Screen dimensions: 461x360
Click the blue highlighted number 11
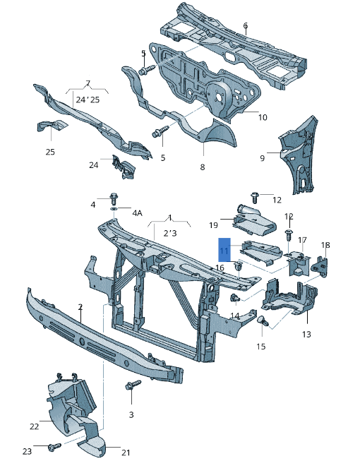(224, 251)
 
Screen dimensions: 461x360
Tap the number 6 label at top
(245, 26)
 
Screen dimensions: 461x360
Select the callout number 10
(262, 117)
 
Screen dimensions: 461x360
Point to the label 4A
(136, 212)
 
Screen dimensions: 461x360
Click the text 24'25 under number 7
(88, 100)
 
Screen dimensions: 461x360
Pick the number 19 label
(213, 225)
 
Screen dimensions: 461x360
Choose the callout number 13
(306, 334)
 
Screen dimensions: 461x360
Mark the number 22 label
(34, 426)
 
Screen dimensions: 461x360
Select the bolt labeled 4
(114, 198)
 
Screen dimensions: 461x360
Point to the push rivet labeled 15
(263, 323)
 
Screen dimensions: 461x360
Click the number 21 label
(126, 453)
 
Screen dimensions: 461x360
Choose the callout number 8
(203, 167)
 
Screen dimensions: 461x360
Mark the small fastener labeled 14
(233, 299)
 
